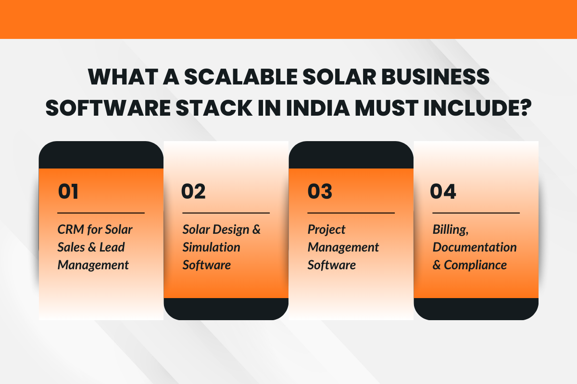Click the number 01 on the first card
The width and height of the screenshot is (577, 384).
(x=68, y=192)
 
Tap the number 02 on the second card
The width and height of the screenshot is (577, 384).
(x=193, y=192)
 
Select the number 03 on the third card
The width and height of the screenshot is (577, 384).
(x=320, y=192)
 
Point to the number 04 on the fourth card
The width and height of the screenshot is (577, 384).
(x=443, y=192)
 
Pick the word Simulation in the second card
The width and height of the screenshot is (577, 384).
(x=211, y=247)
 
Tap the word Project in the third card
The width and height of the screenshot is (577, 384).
(x=326, y=229)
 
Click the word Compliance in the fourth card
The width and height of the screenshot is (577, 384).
(x=475, y=265)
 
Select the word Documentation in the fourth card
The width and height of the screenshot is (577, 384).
(x=475, y=247)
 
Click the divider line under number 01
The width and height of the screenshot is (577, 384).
(x=101, y=213)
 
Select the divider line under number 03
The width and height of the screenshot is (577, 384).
(x=351, y=213)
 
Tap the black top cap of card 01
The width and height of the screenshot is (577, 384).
(x=101, y=155)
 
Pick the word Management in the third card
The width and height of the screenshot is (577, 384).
(x=343, y=247)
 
